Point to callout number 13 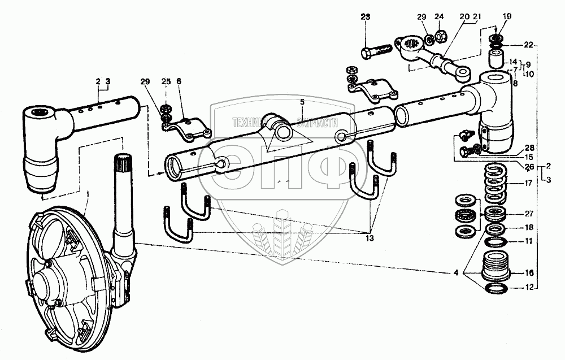[369, 238]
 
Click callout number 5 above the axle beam [302, 102]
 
